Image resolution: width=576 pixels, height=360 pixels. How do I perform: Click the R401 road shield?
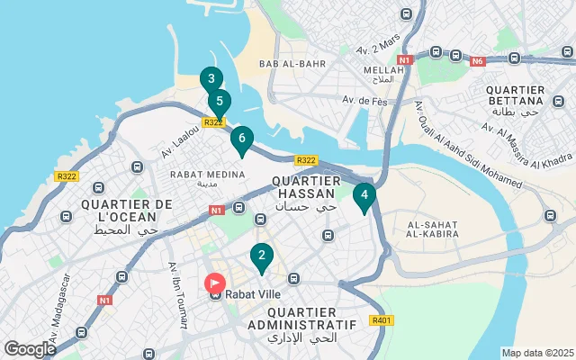tap(381, 320)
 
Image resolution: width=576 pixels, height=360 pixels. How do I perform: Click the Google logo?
tap(30, 348)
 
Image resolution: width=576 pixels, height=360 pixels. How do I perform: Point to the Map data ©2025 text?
tap(536, 353)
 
